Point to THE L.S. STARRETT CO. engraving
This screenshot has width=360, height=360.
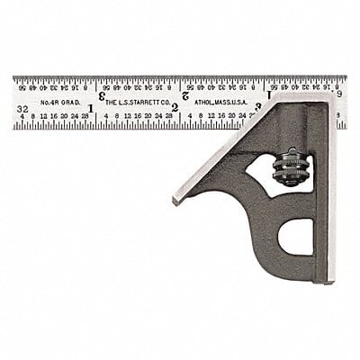point(137,103)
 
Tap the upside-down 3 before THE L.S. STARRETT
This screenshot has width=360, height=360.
point(102,95)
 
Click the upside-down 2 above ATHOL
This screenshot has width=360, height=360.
point(184,95)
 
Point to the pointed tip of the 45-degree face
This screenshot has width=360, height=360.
point(175,199)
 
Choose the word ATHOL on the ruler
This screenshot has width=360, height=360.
point(206,103)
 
